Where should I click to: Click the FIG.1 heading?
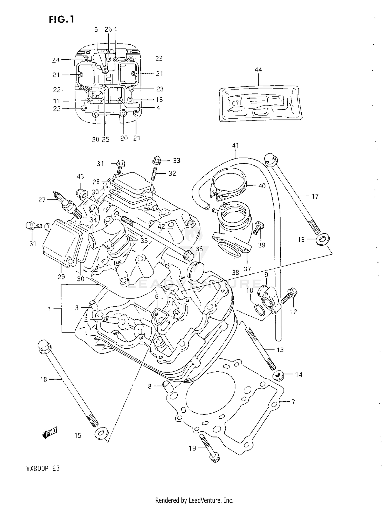click(61, 19)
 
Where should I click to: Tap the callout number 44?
click(258, 70)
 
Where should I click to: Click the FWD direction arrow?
click(50, 432)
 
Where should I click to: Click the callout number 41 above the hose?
click(235, 146)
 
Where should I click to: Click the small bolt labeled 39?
click(258, 228)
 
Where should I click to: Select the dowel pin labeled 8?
click(166, 386)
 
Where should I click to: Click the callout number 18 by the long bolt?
click(43, 379)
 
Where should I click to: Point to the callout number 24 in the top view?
click(56, 60)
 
